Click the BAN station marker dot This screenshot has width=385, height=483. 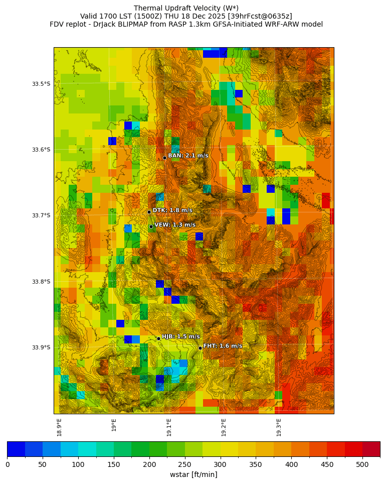coord(164,158)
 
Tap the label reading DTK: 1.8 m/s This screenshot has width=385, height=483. coord(172,210)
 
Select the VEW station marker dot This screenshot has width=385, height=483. coord(151,226)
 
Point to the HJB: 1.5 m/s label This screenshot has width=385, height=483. coord(180,336)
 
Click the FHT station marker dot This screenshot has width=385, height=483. coord(200,348)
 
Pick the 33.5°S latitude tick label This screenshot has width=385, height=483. coord(41,84)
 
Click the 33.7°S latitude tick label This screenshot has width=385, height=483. coord(41,215)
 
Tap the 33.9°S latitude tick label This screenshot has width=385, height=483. coord(41,347)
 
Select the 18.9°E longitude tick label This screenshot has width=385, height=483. coord(59,427)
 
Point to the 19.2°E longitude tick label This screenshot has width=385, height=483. coord(224,427)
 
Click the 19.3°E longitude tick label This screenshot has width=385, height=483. coord(279,427)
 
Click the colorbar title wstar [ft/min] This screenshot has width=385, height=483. coord(194,474)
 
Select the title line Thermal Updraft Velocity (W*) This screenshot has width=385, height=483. coord(186,8)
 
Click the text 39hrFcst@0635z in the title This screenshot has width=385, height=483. coord(260,16)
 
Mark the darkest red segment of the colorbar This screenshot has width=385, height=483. coord(371,449)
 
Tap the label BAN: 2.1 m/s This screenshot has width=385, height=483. coord(188,156)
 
